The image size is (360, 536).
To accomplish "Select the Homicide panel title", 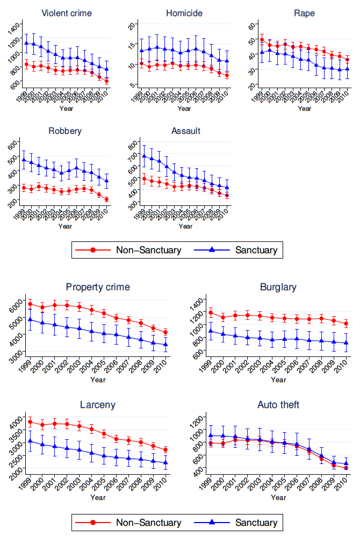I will [184, 12].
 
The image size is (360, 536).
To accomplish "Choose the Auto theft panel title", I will [278, 405].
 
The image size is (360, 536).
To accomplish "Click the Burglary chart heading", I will [278, 287].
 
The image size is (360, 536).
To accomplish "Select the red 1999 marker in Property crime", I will [30, 304].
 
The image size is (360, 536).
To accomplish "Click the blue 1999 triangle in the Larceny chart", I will [30, 441].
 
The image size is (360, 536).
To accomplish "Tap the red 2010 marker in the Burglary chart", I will [346, 324].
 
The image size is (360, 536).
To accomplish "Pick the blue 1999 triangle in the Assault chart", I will [144, 156].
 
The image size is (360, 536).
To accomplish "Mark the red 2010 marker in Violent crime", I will [106, 81].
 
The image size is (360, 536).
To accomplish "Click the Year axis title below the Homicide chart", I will [184, 109].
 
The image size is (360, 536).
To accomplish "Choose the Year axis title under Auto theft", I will [278, 498].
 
